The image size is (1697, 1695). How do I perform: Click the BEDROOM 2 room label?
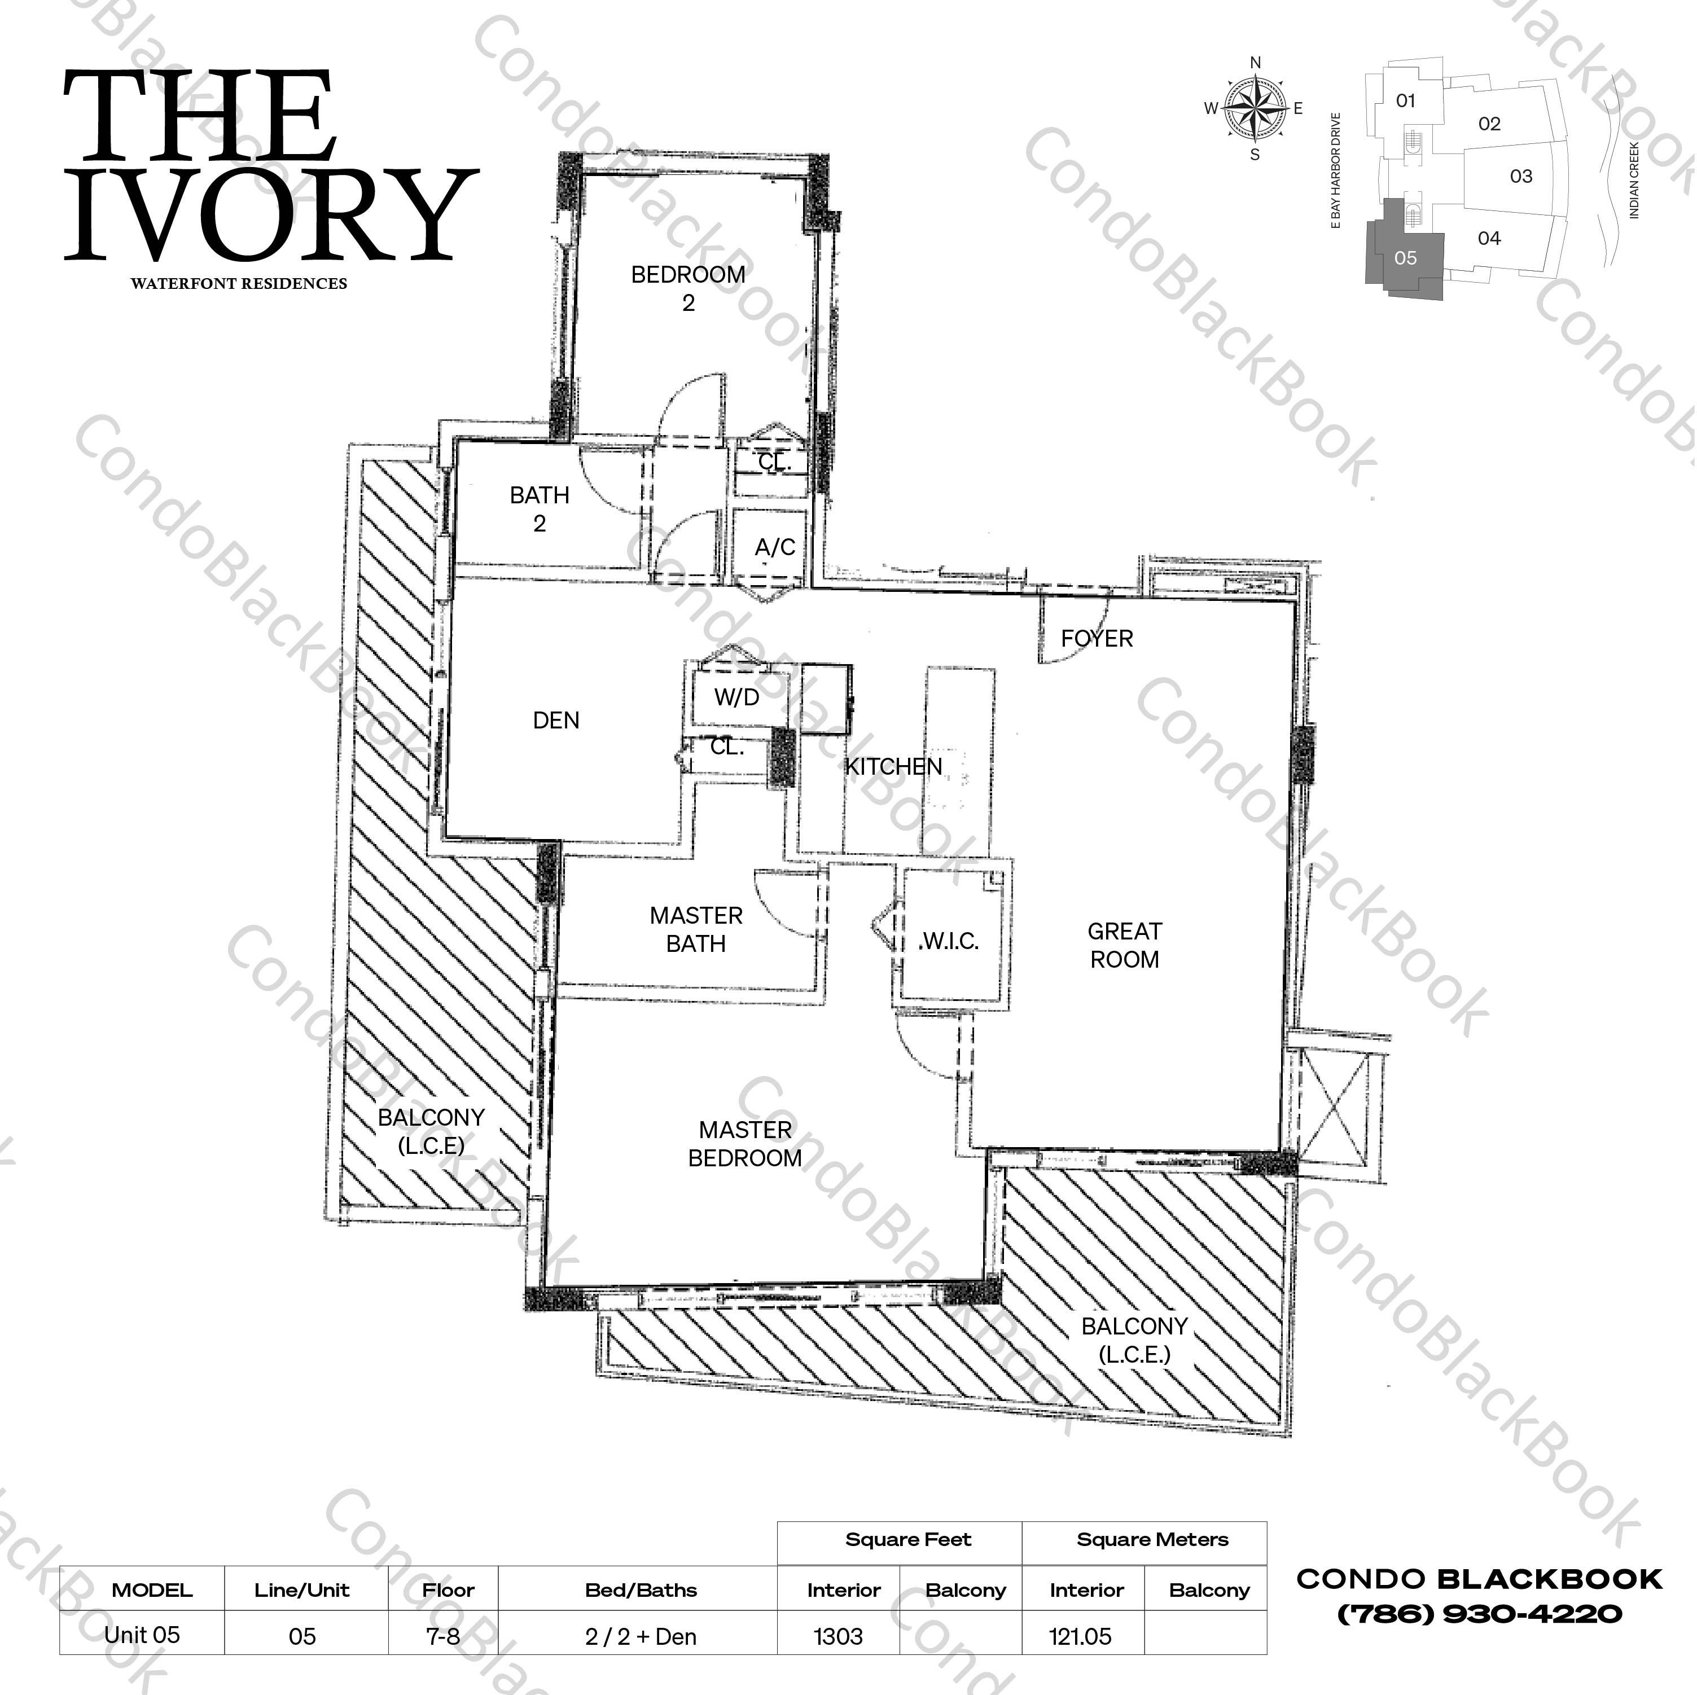688,288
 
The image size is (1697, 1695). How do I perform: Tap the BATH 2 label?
540,510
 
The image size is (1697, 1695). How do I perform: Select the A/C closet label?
775,547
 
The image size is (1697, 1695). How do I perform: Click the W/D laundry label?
736,697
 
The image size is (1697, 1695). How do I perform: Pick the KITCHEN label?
893,767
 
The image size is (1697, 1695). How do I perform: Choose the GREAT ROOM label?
1124,945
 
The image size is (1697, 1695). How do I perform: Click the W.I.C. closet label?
949,942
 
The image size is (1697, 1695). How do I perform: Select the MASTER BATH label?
696,929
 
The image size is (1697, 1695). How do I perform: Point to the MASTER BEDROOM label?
745,1144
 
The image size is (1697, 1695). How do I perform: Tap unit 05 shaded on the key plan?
1405,258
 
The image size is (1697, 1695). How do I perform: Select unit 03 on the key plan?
1520,177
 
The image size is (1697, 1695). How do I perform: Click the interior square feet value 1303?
838,1637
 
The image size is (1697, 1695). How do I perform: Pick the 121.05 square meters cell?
1080,1637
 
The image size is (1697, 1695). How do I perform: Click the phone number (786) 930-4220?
1479,1614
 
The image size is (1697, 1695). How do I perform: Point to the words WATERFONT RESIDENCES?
239,284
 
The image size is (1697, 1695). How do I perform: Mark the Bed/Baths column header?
641,1591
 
